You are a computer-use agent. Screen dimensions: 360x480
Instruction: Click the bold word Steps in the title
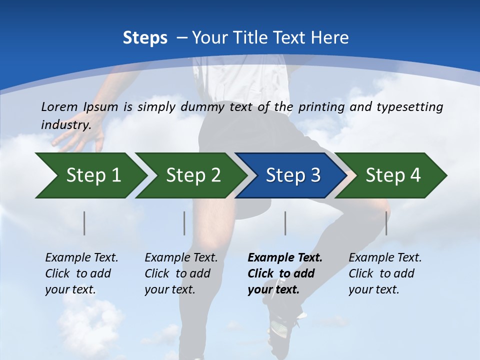point(145,37)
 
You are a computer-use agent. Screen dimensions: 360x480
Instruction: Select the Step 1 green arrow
point(90,175)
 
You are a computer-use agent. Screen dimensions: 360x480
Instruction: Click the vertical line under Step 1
point(84,223)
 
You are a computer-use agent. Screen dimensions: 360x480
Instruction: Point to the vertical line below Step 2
point(184,223)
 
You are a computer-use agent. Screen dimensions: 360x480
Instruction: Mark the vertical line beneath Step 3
point(285,223)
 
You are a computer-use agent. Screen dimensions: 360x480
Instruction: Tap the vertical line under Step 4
point(386,223)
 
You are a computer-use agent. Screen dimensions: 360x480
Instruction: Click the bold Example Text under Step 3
point(285,273)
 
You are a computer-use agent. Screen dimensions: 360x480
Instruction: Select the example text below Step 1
point(81,273)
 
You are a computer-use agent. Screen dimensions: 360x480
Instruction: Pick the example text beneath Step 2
point(181,273)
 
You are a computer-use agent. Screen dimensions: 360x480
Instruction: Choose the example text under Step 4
point(385,273)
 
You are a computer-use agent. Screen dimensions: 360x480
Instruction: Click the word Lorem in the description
point(59,106)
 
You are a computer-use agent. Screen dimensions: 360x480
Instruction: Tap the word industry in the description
point(65,125)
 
